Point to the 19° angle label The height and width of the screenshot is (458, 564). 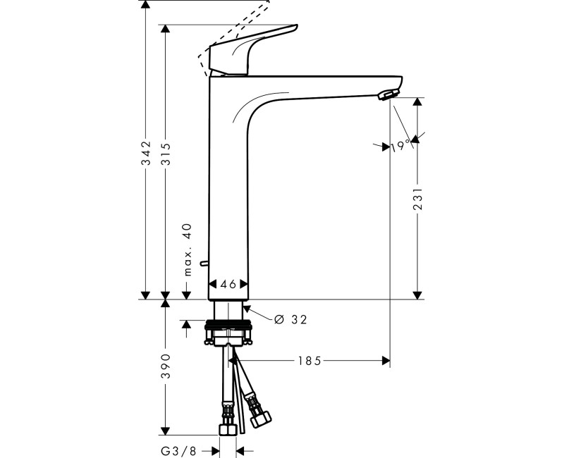click(x=401, y=145)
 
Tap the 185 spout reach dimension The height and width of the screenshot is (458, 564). click(x=309, y=361)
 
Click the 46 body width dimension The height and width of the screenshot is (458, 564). click(x=228, y=285)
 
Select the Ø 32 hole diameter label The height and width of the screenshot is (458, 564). click(x=289, y=319)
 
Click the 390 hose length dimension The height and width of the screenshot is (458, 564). click(x=166, y=366)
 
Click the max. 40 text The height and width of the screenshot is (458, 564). click(x=188, y=250)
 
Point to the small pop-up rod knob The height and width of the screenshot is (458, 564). click(x=203, y=264)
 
